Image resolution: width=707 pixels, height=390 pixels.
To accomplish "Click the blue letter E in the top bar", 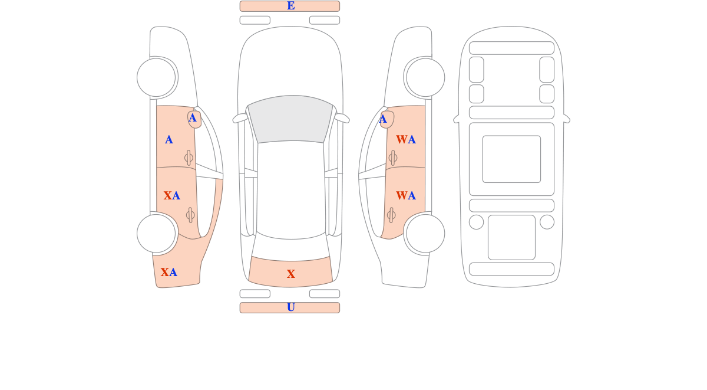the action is click(290, 6).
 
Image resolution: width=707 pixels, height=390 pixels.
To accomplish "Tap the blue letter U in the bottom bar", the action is click(290, 307).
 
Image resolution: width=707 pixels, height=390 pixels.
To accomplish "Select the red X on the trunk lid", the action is click(290, 274).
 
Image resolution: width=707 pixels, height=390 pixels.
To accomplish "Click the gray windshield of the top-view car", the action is click(290, 119).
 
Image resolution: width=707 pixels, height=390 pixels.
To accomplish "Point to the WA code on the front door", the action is click(406, 139).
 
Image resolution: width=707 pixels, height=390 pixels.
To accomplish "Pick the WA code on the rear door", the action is click(406, 196).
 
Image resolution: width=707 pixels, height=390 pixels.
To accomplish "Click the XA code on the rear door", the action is click(171, 196).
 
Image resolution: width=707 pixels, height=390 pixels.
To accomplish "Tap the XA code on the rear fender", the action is click(169, 272).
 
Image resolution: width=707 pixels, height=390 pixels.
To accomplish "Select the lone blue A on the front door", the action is click(169, 139).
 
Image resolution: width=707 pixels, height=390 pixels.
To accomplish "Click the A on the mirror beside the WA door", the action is click(382, 119).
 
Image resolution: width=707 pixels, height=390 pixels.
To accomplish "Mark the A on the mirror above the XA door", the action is click(192, 118).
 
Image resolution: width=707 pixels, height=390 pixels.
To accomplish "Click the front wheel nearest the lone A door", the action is click(156, 77).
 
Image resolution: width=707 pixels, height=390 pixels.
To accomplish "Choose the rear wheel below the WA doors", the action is click(425, 234).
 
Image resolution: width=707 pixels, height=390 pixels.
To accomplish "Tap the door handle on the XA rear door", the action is click(190, 215).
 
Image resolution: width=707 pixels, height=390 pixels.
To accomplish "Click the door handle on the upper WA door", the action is click(392, 158).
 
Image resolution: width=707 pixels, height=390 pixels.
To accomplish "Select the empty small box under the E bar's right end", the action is click(325, 20).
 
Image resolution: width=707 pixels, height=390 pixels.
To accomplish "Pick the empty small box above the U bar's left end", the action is click(255, 294).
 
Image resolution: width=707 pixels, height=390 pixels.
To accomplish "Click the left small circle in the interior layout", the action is click(476, 222).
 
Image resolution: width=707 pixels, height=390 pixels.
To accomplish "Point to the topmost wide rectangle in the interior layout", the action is click(511, 48).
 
